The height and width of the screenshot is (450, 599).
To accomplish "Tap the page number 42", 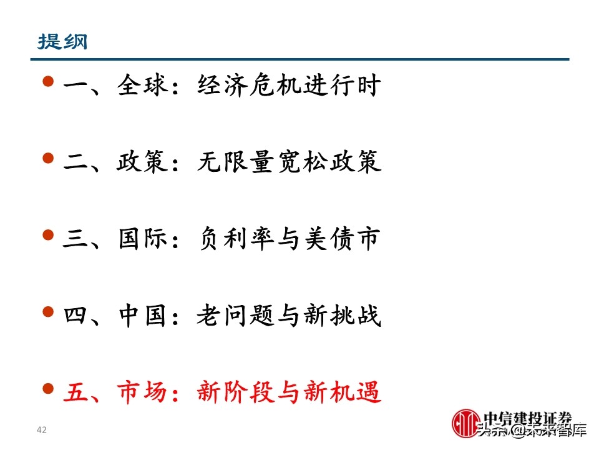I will coord(42,430).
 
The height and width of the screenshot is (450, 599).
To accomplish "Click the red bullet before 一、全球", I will coord(49,82).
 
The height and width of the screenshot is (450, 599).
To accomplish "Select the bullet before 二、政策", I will coord(49,159).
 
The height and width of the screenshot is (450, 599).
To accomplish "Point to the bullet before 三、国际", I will coord(49,235).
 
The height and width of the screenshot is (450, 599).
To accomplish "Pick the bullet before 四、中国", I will coord(49,312).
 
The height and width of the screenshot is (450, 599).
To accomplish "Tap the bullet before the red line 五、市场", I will coord(49,389).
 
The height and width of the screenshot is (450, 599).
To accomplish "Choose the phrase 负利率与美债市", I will coord(288,239).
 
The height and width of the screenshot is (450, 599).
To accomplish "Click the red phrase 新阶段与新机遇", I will coord(288,393).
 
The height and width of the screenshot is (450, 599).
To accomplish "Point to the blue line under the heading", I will coord(299,59).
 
